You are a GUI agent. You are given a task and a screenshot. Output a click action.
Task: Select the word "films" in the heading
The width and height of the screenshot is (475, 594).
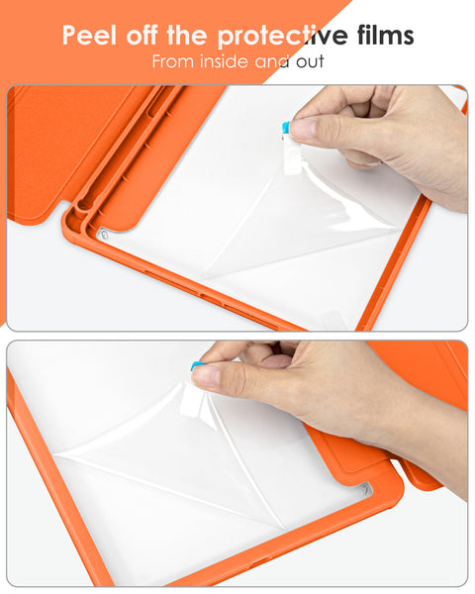pyautogui.click(x=381, y=37)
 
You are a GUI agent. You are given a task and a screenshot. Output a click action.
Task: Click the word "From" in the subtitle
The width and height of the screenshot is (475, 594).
pyautogui.click(x=174, y=61)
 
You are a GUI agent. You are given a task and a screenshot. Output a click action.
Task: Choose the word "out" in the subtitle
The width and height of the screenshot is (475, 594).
pyautogui.click(x=305, y=61)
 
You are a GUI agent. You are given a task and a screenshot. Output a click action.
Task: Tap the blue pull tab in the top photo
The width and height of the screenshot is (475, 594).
pyautogui.click(x=287, y=128)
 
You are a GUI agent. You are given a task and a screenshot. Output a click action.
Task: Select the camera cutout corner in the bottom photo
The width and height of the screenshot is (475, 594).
pyautogui.click(x=363, y=489)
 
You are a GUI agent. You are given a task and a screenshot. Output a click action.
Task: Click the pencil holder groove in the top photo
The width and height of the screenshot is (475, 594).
pyautogui.click(x=119, y=148)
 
